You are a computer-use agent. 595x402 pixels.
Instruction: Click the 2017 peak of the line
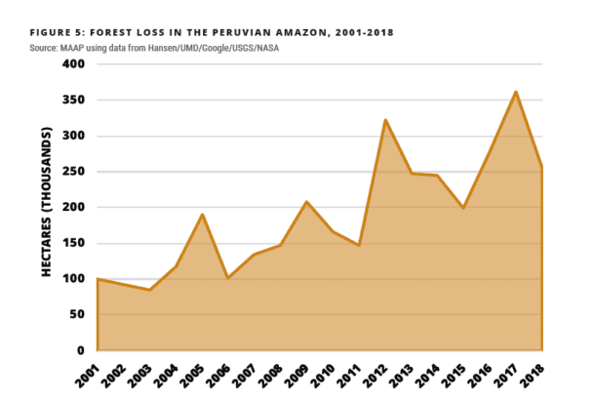[x=515, y=92]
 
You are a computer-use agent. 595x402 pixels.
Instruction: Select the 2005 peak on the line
[x=201, y=214]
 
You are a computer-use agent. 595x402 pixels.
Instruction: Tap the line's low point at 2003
[x=149, y=290]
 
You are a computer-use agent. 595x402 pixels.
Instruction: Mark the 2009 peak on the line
[x=306, y=202]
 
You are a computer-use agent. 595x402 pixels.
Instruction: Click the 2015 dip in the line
[x=463, y=208]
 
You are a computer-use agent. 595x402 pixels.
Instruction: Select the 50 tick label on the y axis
[x=77, y=315]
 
